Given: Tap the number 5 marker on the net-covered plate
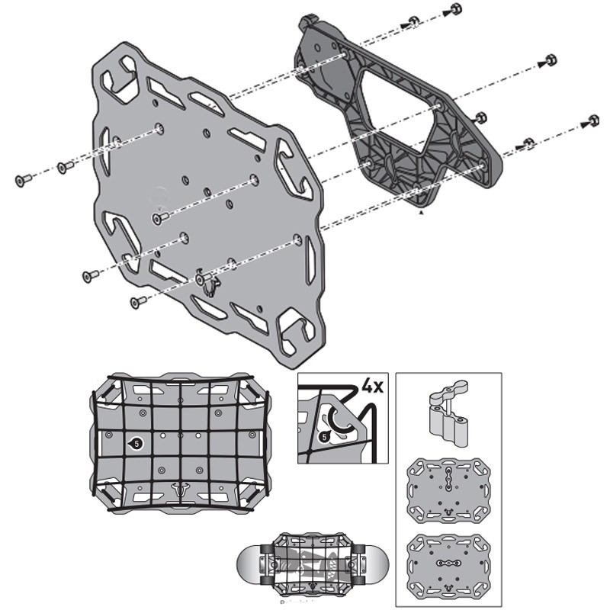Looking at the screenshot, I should tap(136, 442).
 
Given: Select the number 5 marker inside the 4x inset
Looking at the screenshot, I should tap(324, 437).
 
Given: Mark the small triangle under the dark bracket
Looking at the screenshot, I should tap(421, 216).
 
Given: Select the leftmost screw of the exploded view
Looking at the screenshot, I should tap(23, 180).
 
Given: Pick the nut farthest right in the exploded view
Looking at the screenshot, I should tap(593, 120).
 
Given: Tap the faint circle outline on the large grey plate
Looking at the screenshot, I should tap(160, 193).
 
